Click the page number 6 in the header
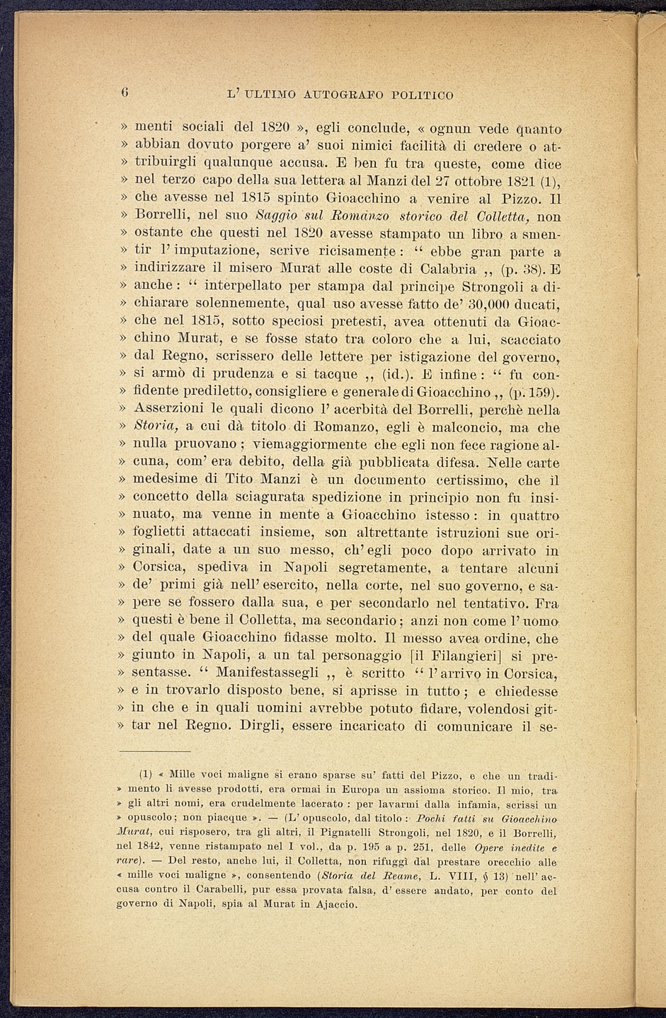(123, 93)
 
